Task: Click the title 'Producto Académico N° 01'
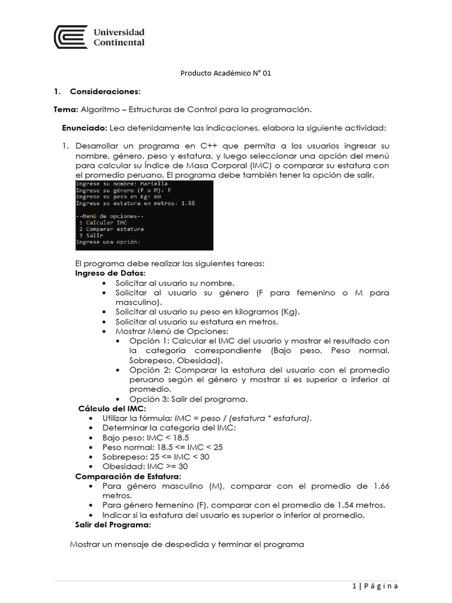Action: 225,74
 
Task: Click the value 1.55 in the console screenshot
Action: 188,203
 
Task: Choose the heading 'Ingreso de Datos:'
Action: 109,274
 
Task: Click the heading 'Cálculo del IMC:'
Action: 112,409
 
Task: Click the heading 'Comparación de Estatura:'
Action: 128,476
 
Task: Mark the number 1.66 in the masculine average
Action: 381,486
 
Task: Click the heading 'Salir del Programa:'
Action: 112,524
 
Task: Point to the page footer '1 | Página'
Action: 375,585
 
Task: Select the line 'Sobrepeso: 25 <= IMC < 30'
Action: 155,457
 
